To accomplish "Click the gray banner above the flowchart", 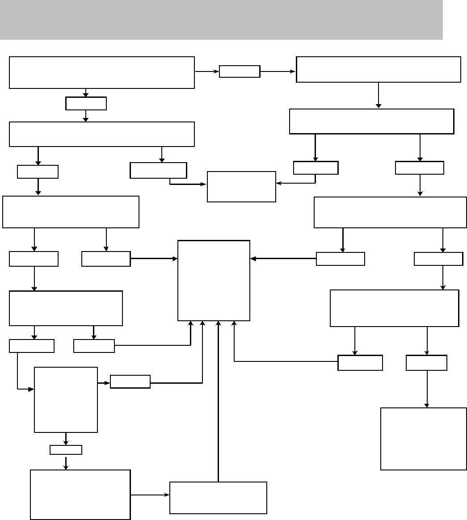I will (x=221, y=20).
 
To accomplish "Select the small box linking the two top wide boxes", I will (x=240, y=71).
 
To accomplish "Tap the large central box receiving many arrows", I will (x=214, y=281).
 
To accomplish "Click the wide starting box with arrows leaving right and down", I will (x=102, y=72).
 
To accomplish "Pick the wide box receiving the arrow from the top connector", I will (x=378, y=69).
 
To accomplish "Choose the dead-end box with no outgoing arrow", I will (x=423, y=438).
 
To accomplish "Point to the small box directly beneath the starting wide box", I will (x=86, y=104).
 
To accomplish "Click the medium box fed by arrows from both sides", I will (x=241, y=187).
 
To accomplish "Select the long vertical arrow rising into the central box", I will (x=219, y=402).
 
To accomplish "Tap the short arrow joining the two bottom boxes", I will (x=150, y=495).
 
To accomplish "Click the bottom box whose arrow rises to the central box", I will (x=218, y=498).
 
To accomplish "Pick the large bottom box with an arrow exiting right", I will (x=80, y=495).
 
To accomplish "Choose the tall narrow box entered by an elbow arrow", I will (x=66, y=400).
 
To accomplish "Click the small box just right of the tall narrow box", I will (x=130, y=382).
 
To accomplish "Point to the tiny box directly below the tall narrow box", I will (x=66, y=450).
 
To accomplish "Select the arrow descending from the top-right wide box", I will (x=379, y=95).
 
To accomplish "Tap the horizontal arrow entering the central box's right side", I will (x=283, y=259).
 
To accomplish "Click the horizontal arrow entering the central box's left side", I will (x=154, y=259).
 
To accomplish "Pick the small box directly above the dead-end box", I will (x=426, y=363).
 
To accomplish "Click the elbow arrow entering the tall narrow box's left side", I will (x=17, y=375).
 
